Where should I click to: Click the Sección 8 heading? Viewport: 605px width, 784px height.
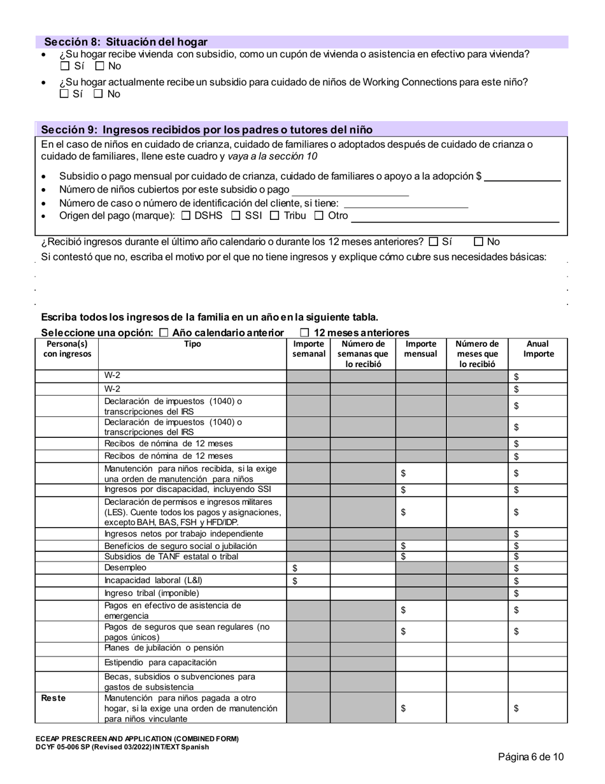(125, 42)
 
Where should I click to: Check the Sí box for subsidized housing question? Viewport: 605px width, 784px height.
(64, 66)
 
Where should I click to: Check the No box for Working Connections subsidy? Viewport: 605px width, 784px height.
(98, 94)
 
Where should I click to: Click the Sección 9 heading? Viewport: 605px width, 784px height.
(206, 129)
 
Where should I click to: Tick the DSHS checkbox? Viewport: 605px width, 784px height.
(186, 215)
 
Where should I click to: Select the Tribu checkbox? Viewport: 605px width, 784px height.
(274, 215)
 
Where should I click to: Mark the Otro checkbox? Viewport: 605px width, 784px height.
(319, 215)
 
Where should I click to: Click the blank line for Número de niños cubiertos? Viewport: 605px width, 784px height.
(350, 190)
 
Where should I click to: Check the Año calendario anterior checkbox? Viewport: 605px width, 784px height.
(164, 333)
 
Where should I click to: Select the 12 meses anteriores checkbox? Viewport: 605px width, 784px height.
(304, 333)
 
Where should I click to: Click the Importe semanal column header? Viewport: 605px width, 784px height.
(308, 349)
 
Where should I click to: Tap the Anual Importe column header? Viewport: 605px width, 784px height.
(538, 349)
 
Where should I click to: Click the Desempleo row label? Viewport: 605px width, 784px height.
(125, 567)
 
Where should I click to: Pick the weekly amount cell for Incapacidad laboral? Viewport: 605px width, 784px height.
(308, 581)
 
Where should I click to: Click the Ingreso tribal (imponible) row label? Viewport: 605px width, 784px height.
(152, 593)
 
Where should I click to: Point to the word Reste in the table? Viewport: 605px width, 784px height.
(53, 698)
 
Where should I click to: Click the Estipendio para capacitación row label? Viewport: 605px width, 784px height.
(160, 662)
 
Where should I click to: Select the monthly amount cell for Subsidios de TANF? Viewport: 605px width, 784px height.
(420, 556)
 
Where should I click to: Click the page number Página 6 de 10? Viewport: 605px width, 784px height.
(530, 757)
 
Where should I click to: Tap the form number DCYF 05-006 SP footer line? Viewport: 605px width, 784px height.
(122, 746)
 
